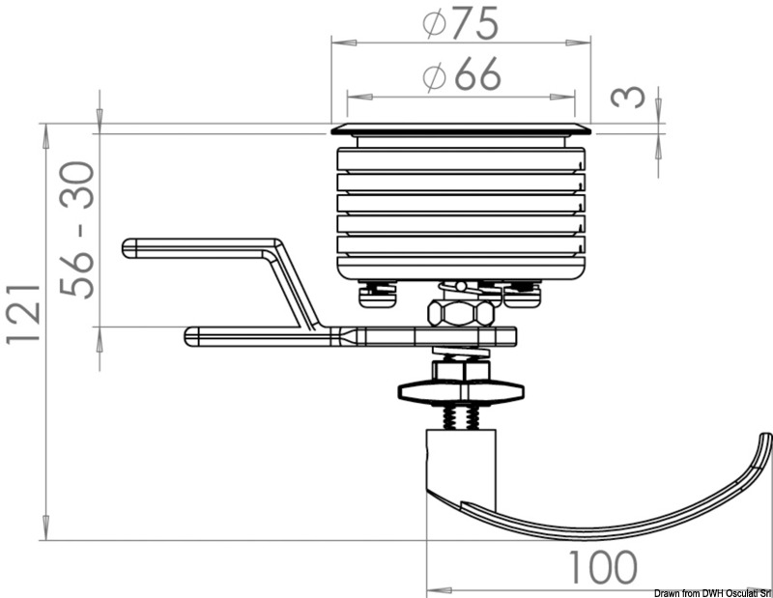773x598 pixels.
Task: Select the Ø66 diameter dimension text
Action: (x=461, y=77)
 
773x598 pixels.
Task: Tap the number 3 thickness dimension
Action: (x=629, y=98)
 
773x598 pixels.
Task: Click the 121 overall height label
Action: (x=23, y=315)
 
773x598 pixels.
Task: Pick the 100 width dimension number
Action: (x=601, y=568)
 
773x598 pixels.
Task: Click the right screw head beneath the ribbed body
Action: (x=523, y=293)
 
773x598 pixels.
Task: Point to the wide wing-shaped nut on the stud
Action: (x=461, y=391)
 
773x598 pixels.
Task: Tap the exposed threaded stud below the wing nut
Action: (x=461, y=418)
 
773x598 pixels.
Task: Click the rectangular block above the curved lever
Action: (x=461, y=464)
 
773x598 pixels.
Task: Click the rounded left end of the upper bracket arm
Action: (x=129, y=248)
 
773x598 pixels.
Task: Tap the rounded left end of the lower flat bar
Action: (x=190, y=336)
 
